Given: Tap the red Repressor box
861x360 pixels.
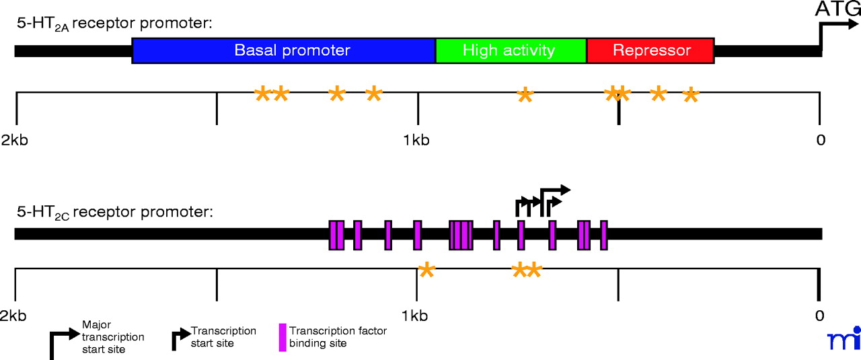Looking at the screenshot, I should pos(650,50).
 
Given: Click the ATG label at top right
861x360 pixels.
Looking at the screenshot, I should pos(836,9).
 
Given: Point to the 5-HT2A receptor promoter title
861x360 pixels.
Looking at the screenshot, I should pos(114,24).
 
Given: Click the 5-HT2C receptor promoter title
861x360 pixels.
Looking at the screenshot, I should pos(114,212).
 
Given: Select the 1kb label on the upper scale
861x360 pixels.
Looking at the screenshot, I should pos(416,141).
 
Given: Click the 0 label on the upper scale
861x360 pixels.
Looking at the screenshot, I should pos(819,141).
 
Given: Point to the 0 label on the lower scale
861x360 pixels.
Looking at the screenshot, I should pos(819,316).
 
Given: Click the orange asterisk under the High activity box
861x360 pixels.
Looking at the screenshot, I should pos(525,96).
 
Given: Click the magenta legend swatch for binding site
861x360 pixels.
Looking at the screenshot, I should pos(283,338).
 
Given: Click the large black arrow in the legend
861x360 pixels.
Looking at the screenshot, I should pos(61,343).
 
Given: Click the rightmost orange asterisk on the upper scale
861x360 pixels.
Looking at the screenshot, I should pos(690,97).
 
